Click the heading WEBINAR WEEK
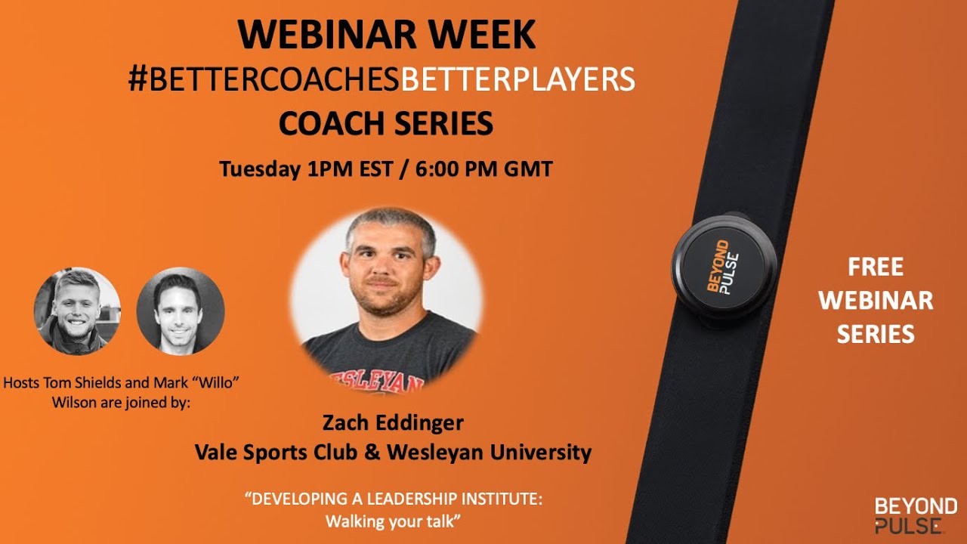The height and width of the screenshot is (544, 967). point(386,35)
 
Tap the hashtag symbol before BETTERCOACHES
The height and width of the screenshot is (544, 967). point(137,79)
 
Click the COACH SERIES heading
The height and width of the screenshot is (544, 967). point(385,123)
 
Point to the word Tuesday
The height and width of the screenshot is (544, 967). point(259,168)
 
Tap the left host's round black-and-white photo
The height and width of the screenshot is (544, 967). point(77,311)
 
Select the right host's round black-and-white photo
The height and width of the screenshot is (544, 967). point(181,311)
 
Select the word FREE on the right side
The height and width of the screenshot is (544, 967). point(876,267)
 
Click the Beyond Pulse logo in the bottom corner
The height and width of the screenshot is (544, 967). point(915,515)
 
